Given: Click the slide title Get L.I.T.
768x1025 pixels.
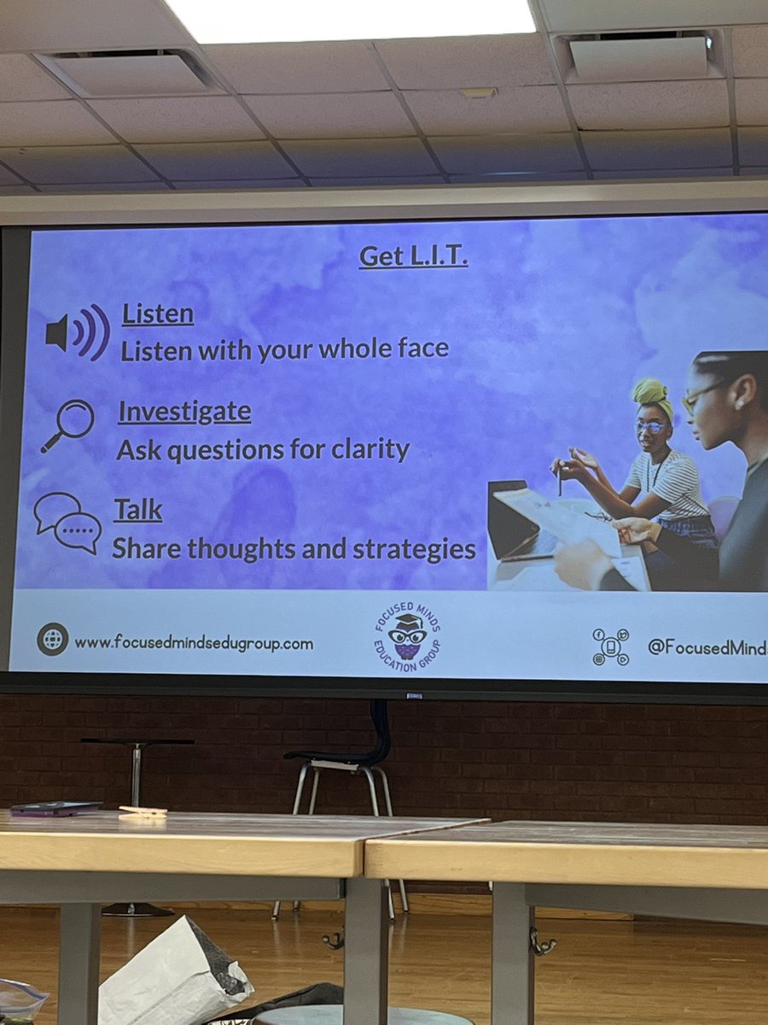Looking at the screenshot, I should pyautogui.click(x=413, y=256).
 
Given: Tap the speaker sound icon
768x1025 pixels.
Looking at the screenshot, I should pyautogui.click(x=78, y=332).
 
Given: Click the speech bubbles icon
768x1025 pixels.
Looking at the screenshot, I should pyautogui.click(x=67, y=522).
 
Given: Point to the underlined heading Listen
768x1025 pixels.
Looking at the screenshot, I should pyautogui.click(x=158, y=314).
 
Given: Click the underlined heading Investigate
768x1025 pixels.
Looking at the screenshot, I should pyautogui.click(x=184, y=412).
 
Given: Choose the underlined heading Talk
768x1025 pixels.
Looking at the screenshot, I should pyautogui.click(x=138, y=510).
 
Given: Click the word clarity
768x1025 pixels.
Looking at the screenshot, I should pyautogui.click(x=368, y=449).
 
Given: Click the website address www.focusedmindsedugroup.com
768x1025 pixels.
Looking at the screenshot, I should pyautogui.click(x=194, y=642).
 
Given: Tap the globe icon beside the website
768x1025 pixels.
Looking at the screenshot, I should pyautogui.click(x=52, y=639).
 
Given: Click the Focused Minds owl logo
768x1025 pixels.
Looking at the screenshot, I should pyautogui.click(x=407, y=636).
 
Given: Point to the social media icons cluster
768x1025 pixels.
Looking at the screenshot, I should pyautogui.click(x=611, y=647).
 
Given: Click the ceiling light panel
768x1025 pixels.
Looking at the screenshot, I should pyautogui.click(x=350, y=17).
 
